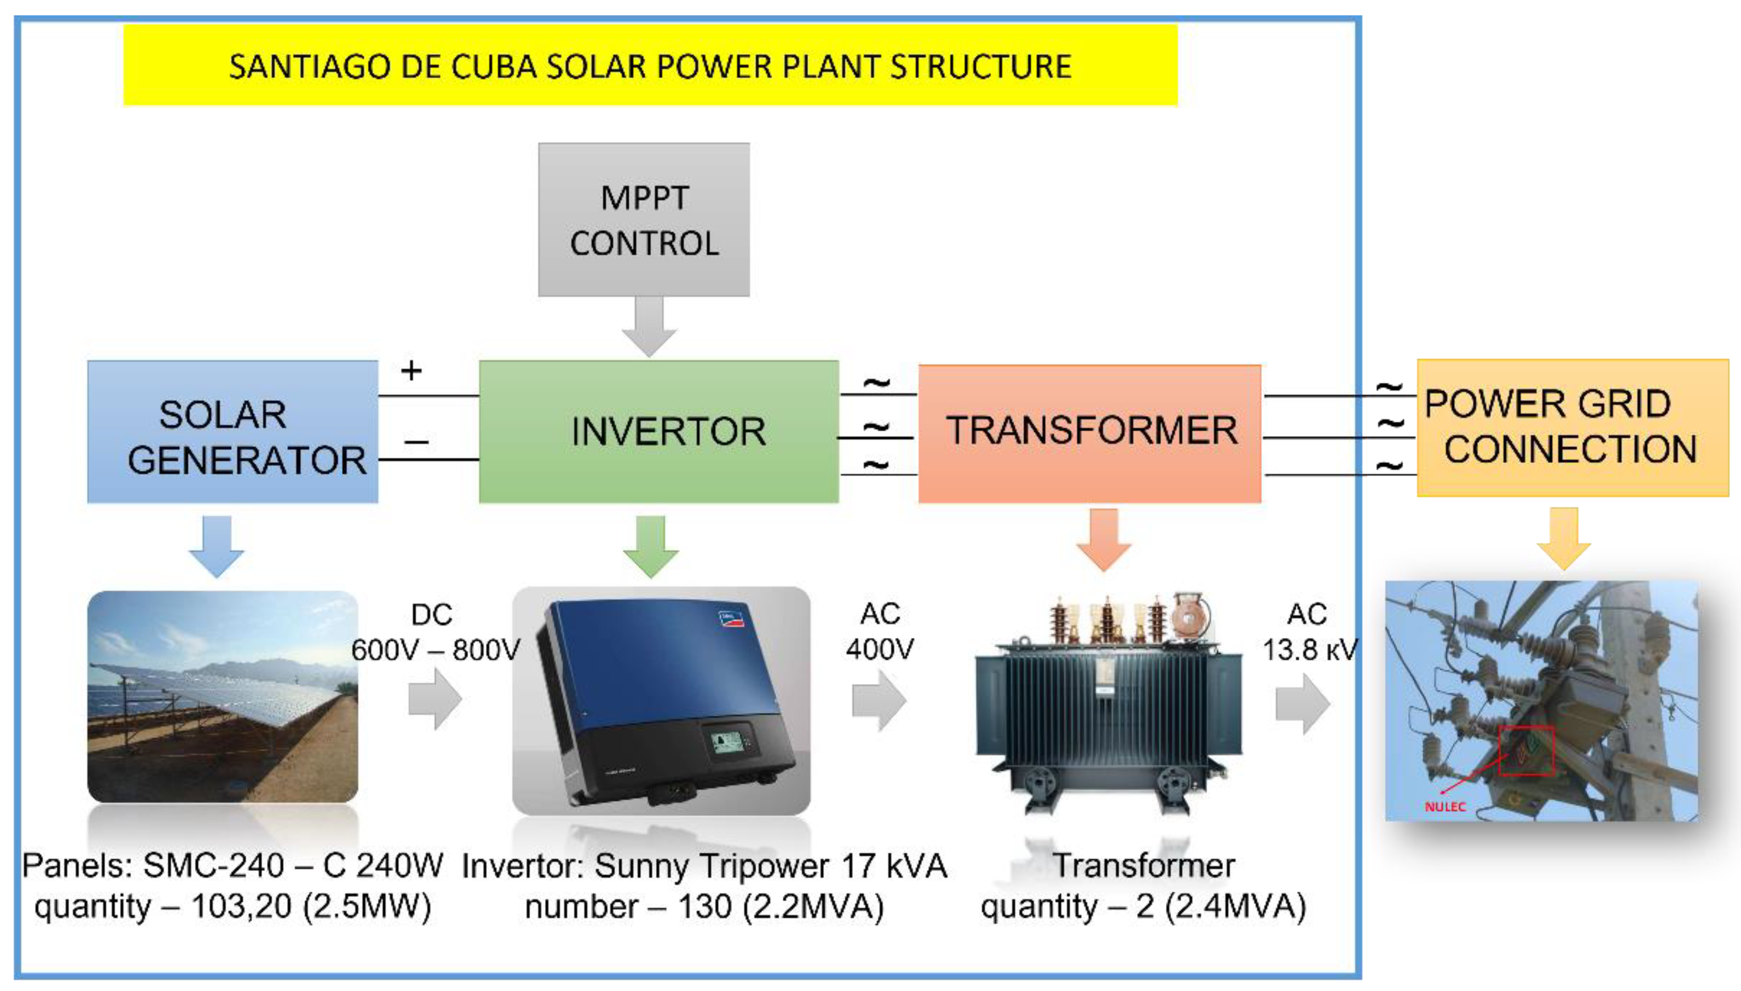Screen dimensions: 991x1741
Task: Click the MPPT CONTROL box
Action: point(643,219)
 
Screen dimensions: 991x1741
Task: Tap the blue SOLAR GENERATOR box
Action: point(232,431)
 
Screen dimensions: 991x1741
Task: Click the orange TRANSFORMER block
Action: point(1089,433)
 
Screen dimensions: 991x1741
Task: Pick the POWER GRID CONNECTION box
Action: point(1572,428)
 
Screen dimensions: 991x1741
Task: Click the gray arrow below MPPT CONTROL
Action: point(649,326)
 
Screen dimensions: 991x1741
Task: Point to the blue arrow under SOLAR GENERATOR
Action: point(216,546)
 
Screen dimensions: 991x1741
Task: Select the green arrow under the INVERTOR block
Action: point(651,547)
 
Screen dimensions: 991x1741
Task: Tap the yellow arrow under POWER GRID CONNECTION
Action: point(1563,538)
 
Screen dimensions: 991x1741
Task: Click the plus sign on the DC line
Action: point(411,371)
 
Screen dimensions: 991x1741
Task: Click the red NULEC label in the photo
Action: point(1444,807)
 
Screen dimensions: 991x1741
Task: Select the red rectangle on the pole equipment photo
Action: point(1526,750)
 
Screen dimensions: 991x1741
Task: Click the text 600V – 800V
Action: point(436,650)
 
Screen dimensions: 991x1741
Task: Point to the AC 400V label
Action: point(879,632)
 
